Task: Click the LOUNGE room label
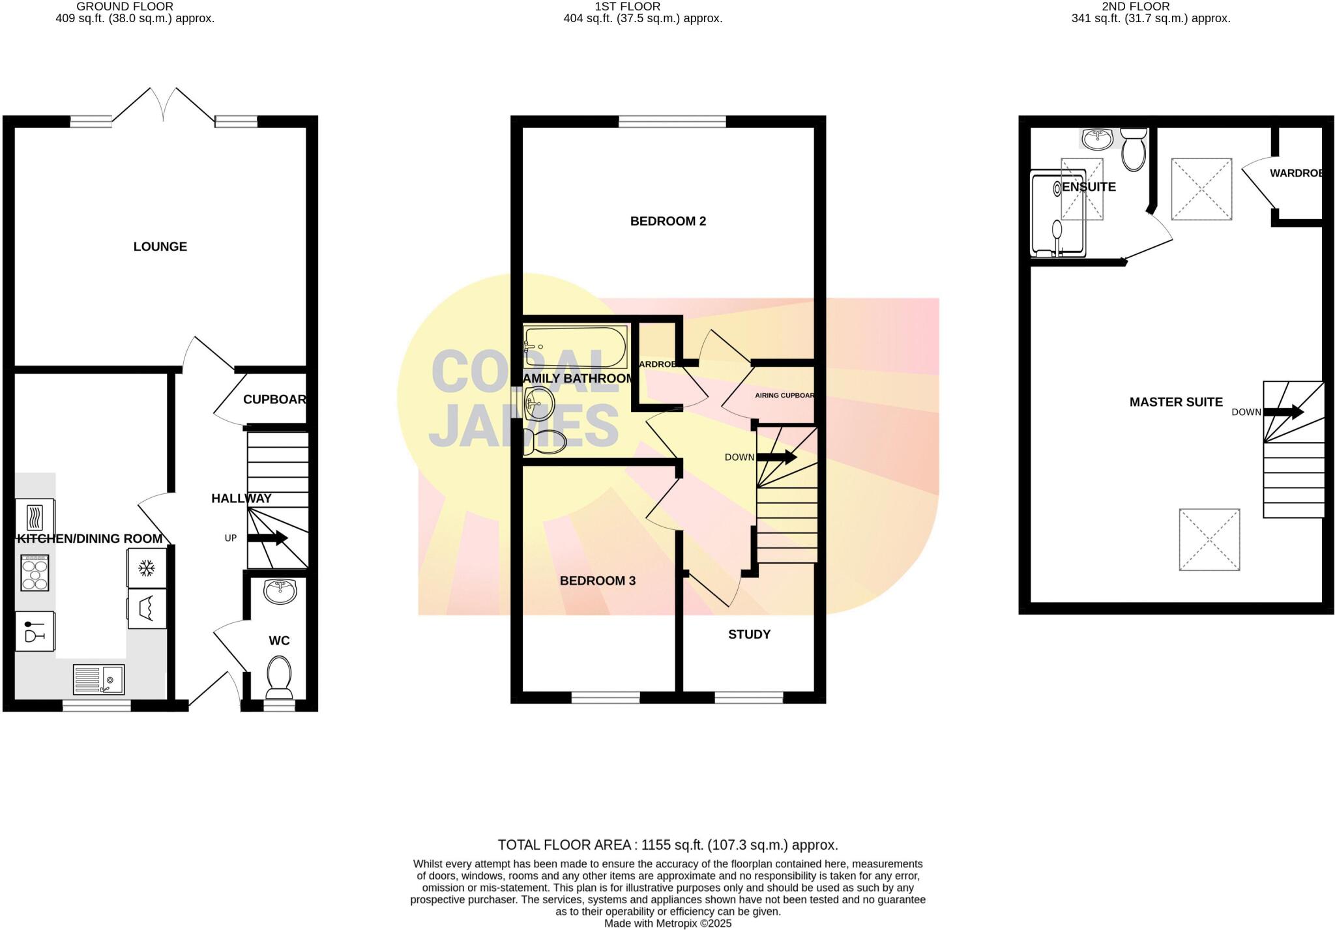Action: click(x=160, y=246)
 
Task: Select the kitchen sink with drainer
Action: click(x=98, y=680)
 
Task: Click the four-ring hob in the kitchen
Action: click(x=35, y=573)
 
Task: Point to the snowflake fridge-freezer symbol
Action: click(x=147, y=568)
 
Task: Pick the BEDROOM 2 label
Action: click(x=667, y=222)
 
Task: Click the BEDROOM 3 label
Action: click(x=597, y=581)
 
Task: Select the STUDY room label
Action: click(x=749, y=634)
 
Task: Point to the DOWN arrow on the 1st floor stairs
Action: click(x=776, y=458)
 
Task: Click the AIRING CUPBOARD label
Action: click(x=784, y=396)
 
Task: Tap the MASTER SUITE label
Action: click(x=1175, y=402)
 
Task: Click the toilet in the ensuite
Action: click(x=1134, y=149)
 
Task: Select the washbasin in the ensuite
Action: click(x=1098, y=138)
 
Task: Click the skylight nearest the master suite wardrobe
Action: click(x=1201, y=189)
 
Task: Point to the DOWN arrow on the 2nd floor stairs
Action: click(x=1283, y=412)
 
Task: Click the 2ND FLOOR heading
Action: click(x=1136, y=7)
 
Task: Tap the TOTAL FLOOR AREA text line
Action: click(x=667, y=845)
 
